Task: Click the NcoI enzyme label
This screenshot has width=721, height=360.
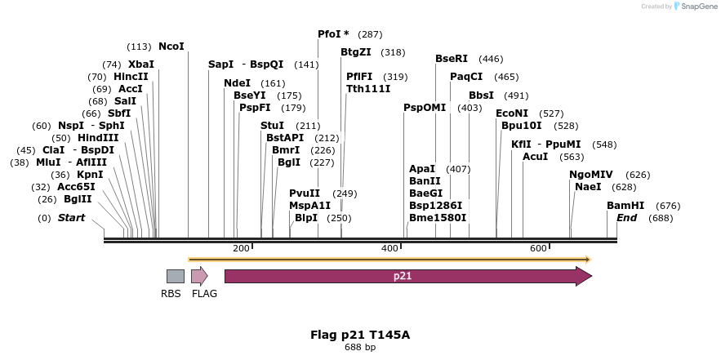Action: [x=171, y=47]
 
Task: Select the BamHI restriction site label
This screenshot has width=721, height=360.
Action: [x=625, y=206]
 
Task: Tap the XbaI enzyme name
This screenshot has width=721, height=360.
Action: [x=141, y=64]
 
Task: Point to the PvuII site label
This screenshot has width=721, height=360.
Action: [x=305, y=193]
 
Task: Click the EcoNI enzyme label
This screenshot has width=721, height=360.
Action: [x=512, y=113]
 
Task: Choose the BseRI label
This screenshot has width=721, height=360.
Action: [x=452, y=59]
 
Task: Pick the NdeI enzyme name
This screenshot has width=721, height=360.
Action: [x=237, y=83]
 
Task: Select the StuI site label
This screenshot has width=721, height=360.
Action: [x=272, y=126]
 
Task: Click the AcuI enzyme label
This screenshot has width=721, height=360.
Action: [x=536, y=157]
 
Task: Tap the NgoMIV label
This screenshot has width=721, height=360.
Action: [x=591, y=175]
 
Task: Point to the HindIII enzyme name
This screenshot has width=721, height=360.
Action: [x=98, y=138]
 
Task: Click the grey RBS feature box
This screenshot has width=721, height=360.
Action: [x=175, y=277]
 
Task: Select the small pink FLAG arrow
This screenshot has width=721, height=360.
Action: [x=199, y=276]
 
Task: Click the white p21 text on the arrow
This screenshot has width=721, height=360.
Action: [x=403, y=276]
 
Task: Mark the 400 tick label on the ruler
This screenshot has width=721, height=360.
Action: [x=389, y=248]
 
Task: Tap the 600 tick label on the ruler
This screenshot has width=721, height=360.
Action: [x=538, y=248]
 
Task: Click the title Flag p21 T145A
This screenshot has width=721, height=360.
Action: [x=360, y=335]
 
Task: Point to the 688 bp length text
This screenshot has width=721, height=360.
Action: [x=360, y=347]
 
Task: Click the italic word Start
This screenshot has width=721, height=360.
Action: [x=71, y=218]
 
